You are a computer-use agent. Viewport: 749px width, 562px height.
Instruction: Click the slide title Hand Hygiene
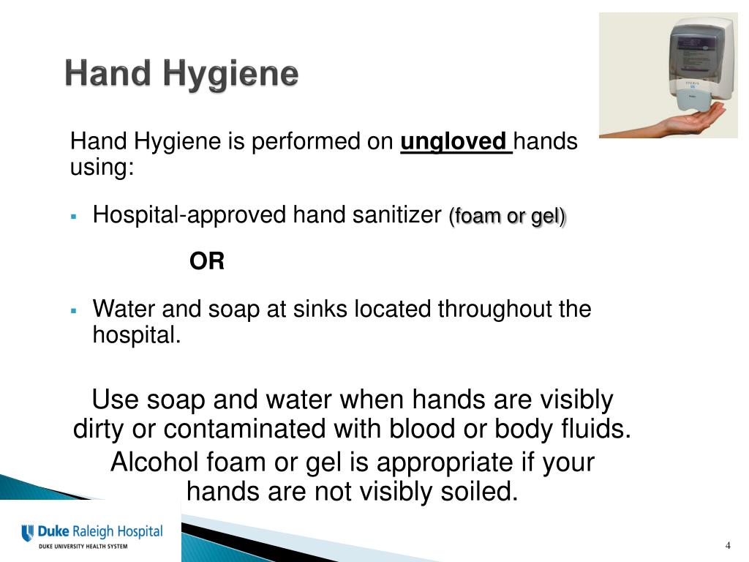181,75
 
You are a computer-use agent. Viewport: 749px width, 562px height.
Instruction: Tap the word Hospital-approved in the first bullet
190,215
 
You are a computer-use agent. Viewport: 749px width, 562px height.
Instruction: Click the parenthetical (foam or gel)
508,217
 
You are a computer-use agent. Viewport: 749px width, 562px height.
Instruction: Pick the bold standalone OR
207,261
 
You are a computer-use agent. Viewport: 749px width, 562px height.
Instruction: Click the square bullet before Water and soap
74,310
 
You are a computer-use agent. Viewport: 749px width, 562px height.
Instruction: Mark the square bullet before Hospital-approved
74,217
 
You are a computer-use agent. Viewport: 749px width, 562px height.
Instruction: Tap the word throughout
494,310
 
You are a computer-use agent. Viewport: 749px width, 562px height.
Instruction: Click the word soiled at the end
477,492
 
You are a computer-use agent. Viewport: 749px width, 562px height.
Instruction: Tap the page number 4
729,546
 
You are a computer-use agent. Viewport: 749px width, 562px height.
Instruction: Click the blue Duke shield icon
28,533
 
